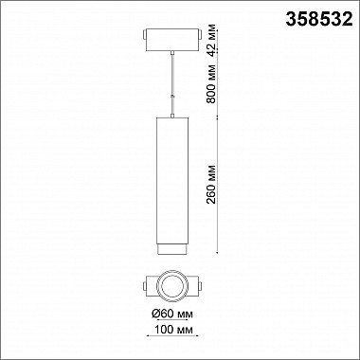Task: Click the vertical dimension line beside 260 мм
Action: tap(220, 189)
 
